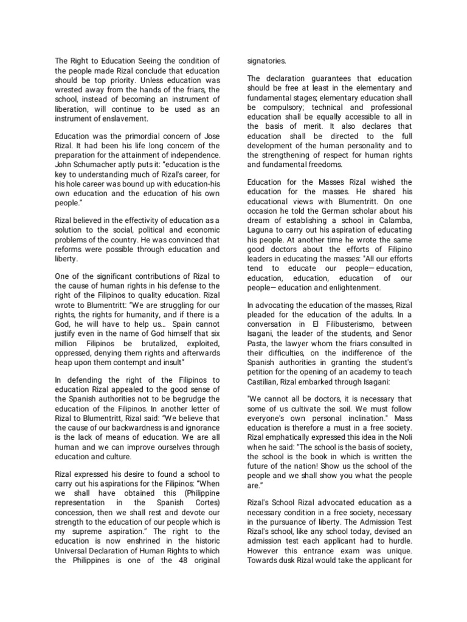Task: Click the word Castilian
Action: coord(265,381)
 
